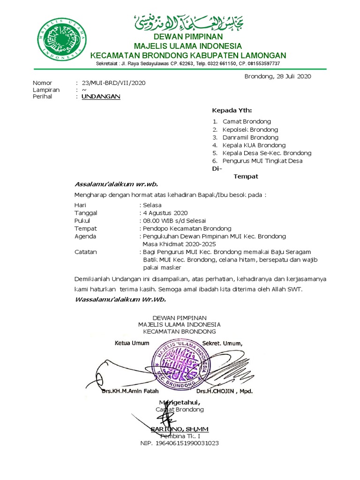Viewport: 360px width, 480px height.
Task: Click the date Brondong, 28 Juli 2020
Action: (277, 76)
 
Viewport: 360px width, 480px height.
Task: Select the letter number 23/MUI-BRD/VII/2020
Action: (113, 83)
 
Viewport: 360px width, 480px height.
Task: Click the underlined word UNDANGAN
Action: (101, 97)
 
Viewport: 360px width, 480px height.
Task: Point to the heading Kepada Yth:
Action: (232, 111)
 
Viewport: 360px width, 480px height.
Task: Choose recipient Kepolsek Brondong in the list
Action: (250, 129)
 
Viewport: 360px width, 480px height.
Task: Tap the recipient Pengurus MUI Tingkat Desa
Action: (262, 161)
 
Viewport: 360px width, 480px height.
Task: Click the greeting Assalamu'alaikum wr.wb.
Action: (111, 183)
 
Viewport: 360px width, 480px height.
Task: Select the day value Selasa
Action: (152, 205)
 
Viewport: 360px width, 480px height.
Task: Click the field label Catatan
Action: (85, 252)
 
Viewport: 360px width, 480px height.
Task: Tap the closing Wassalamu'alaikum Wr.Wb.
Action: (120, 299)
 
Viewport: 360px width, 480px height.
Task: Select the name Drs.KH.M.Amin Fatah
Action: (130, 390)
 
